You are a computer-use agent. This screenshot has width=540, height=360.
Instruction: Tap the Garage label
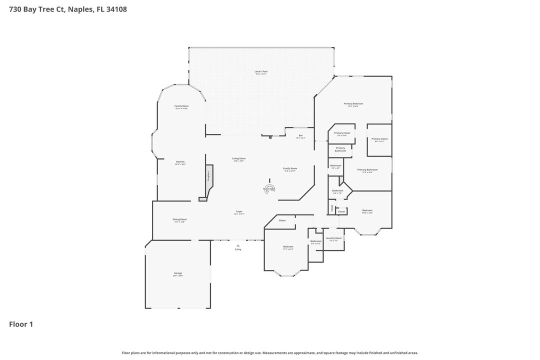tap(177, 273)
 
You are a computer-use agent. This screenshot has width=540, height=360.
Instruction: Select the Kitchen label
tap(180, 162)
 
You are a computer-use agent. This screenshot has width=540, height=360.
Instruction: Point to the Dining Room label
tap(179, 219)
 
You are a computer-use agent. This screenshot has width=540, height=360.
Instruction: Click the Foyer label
tap(239, 212)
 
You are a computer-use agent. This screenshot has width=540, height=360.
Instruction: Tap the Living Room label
tap(238, 159)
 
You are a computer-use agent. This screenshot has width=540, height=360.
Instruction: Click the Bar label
tap(300, 136)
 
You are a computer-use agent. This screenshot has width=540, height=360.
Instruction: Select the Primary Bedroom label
tap(353, 104)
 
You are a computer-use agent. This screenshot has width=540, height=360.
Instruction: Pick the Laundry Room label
tap(333, 238)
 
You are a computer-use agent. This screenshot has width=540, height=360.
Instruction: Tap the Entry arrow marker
tap(238, 245)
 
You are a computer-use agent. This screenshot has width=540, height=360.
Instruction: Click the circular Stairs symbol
tap(269, 188)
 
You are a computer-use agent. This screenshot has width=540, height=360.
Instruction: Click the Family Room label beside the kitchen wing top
tap(181, 106)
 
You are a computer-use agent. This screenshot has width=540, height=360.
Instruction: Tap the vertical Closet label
tap(331, 208)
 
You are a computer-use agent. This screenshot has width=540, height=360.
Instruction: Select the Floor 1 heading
tap(21, 324)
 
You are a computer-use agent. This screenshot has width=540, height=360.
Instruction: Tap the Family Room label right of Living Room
tap(290, 169)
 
